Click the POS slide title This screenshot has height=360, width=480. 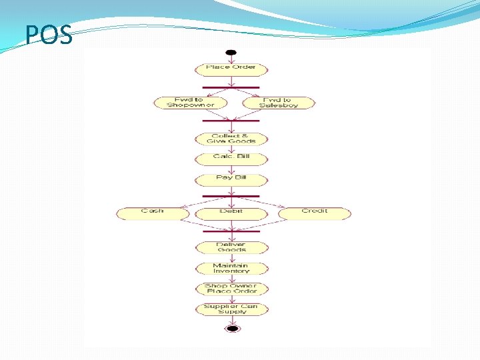[49, 36]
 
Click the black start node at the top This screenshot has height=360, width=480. [231, 53]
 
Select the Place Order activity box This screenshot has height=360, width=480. [231, 69]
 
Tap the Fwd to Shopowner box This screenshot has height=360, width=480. [190, 103]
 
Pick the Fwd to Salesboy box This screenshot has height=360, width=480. [277, 103]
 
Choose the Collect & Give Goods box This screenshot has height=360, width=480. [231, 139]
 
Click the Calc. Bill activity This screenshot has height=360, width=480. [231, 159]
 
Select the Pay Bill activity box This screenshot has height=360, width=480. [231, 179]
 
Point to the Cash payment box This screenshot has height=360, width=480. [153, 213]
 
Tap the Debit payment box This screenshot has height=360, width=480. [231, 213]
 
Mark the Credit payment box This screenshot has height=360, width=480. [315, 213]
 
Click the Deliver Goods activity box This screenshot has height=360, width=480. [231, 247]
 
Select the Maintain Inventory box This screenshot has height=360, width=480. [231, 268]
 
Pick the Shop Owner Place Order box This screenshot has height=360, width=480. [231, 289]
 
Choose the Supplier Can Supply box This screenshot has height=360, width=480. [231, 309]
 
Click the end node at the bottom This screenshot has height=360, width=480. [232, 328]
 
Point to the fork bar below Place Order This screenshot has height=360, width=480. [231, 87]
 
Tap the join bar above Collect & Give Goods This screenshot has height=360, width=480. [231, 121]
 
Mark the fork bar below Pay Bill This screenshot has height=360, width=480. [231, 196]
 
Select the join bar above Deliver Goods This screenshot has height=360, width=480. [231, 231]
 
